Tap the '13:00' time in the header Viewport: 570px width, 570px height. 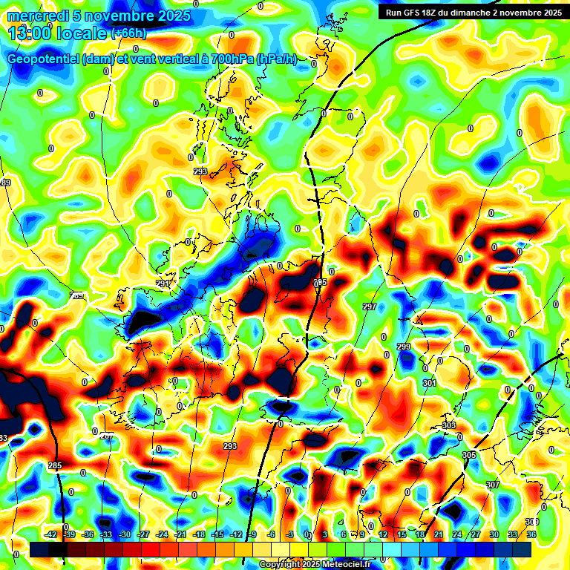(x=27, y=32)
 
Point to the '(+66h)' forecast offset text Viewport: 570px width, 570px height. (x=128, y=33)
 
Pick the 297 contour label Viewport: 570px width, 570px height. (x=370, y=307)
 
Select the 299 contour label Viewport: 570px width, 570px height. (x=404, y=347)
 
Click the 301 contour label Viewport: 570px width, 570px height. (x=429, y=383)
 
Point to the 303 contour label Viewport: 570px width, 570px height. (x=448, y=425)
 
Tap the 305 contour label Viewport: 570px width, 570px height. (x=468, y=455)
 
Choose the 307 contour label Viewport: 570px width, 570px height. (x=493, y=484)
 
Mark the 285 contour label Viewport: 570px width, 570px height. (x=55, y=466)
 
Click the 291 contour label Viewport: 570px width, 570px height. (x=163, y=284)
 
